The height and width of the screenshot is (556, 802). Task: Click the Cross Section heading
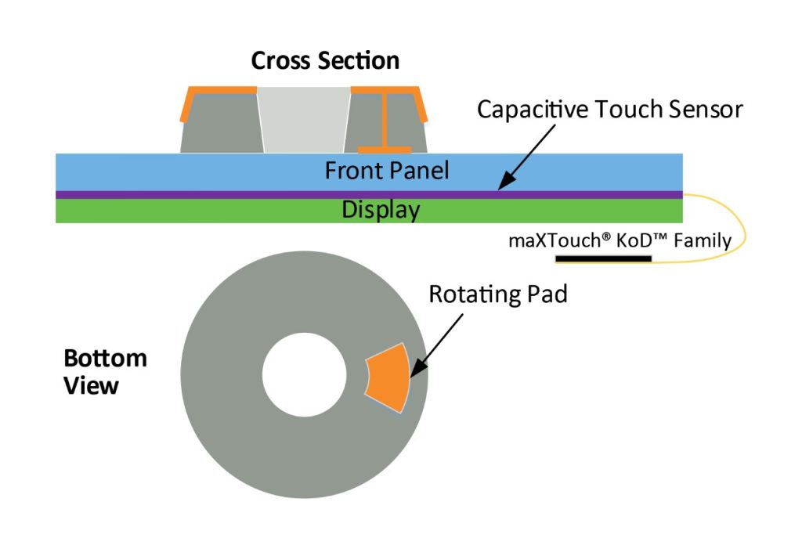point(325,61)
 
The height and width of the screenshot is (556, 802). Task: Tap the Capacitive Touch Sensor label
point(609,110)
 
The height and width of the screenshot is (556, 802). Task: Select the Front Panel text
point(387,170)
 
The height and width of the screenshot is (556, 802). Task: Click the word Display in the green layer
point(381,210)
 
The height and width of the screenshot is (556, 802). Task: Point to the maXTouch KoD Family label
point(620,240)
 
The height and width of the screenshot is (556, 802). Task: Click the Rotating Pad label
point(497,294)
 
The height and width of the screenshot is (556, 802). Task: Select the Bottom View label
point(104,371)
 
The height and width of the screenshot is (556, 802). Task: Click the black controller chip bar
point(603,258)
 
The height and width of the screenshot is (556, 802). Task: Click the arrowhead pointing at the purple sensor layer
point(504,183)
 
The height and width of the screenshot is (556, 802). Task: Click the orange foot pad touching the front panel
point(384,149)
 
